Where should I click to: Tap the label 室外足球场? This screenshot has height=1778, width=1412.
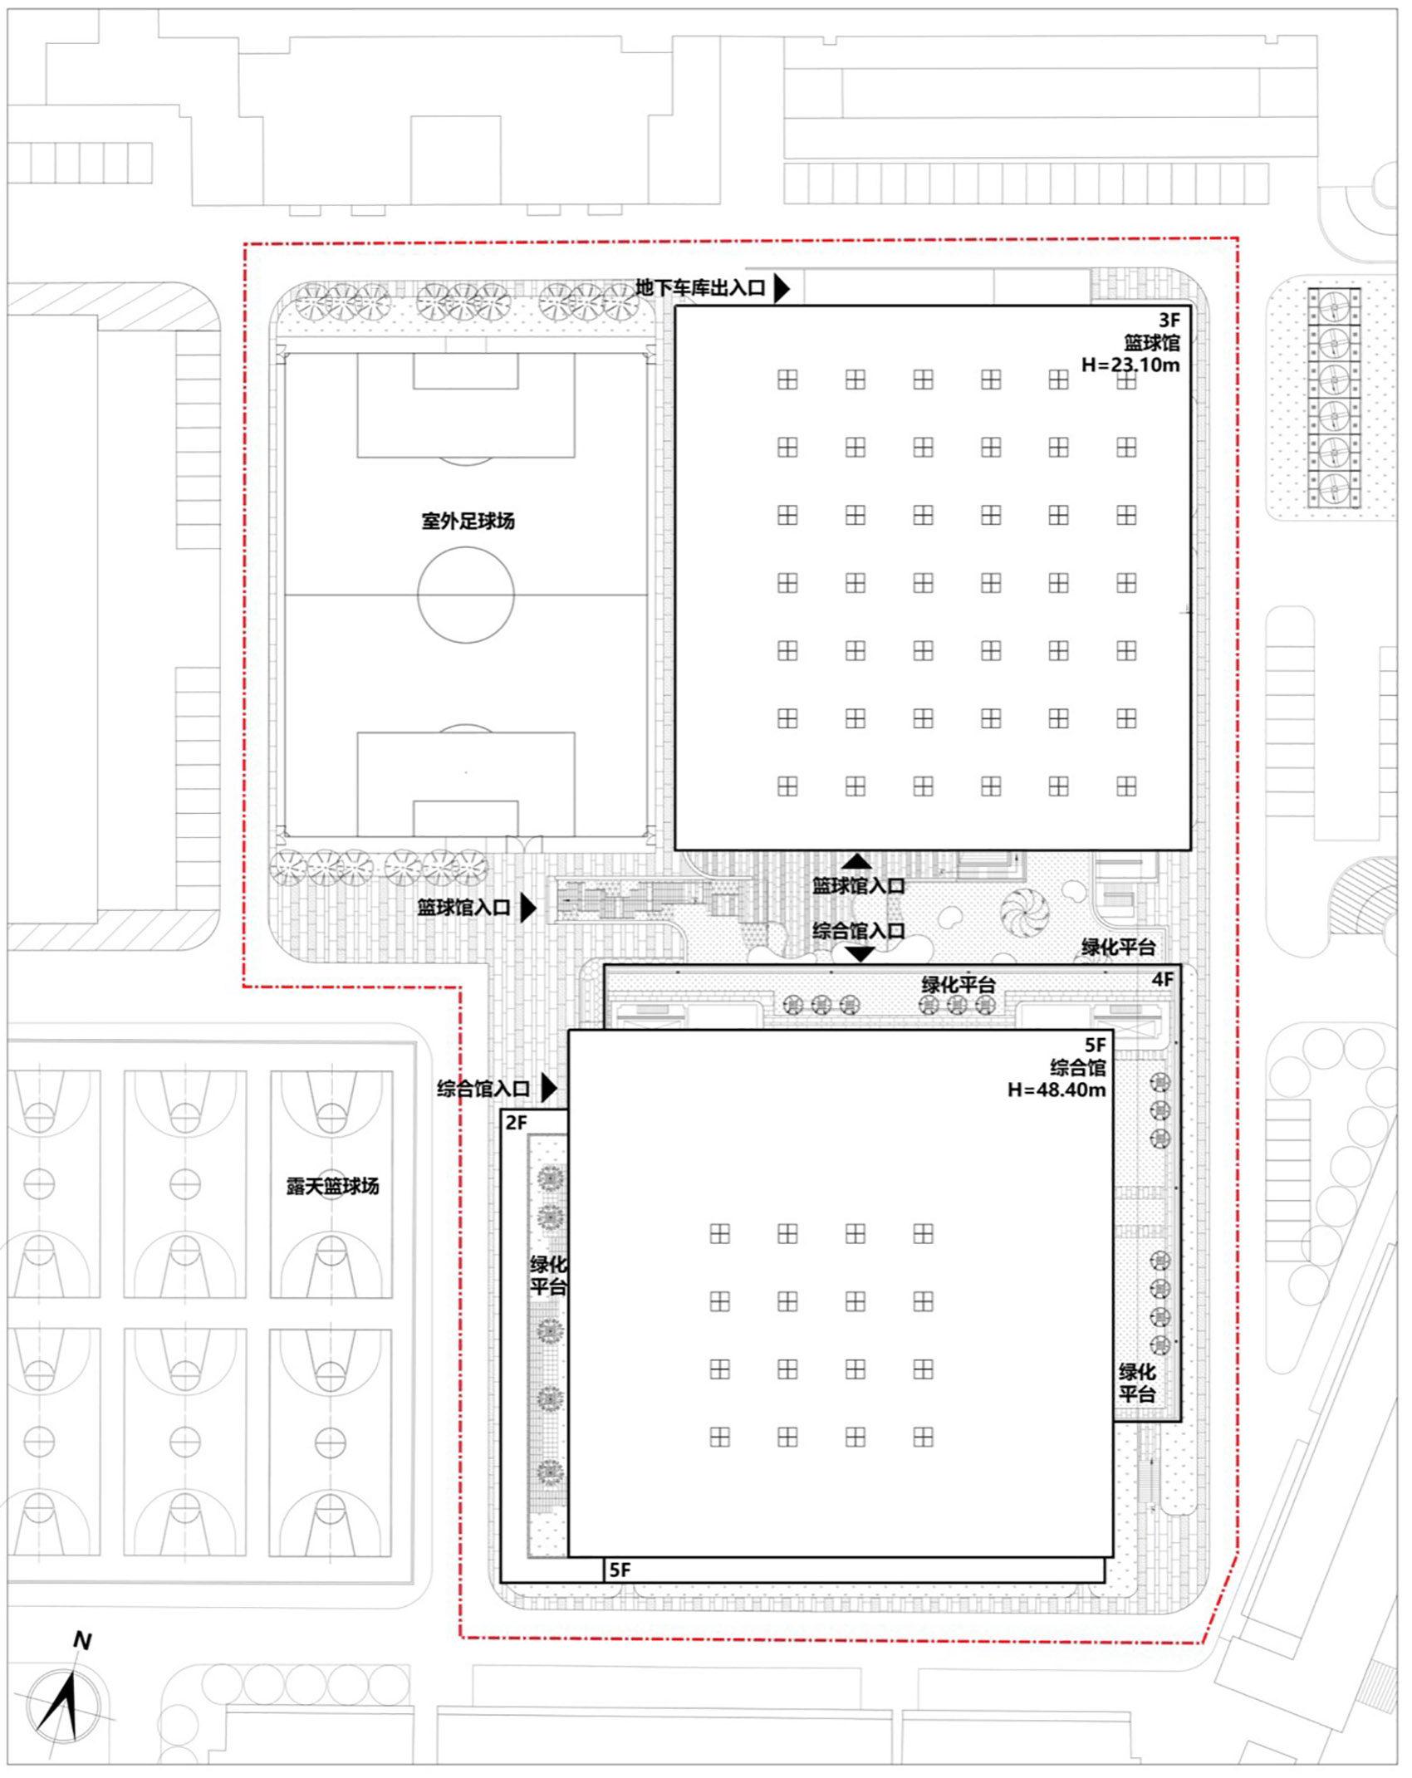point(468,522)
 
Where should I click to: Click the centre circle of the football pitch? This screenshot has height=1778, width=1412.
point(466,595)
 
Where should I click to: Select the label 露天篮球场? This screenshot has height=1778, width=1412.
point(332,1186)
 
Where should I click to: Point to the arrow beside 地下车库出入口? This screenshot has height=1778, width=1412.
point(782,288)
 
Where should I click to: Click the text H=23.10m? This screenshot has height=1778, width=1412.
point(1130,365)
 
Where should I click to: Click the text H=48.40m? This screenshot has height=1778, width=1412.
point(1056,1090)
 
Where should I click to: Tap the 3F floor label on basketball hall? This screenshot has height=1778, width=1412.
point(1169,320)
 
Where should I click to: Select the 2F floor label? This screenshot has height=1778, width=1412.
point(516,1123)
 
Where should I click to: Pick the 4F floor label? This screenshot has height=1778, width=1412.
point(1162,980)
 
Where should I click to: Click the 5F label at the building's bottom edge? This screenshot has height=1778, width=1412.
point(620,1570)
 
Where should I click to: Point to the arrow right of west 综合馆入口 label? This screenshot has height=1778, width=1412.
point(548,1087)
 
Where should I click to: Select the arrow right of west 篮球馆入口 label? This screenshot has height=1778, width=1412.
point(527,908)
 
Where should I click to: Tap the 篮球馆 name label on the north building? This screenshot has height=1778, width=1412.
point(1151,342)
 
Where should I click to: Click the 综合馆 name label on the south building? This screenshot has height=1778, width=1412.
point(1077,1067)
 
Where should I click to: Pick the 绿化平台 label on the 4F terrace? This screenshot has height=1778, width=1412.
point(958,985)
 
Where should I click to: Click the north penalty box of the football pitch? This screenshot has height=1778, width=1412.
point(466,405)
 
